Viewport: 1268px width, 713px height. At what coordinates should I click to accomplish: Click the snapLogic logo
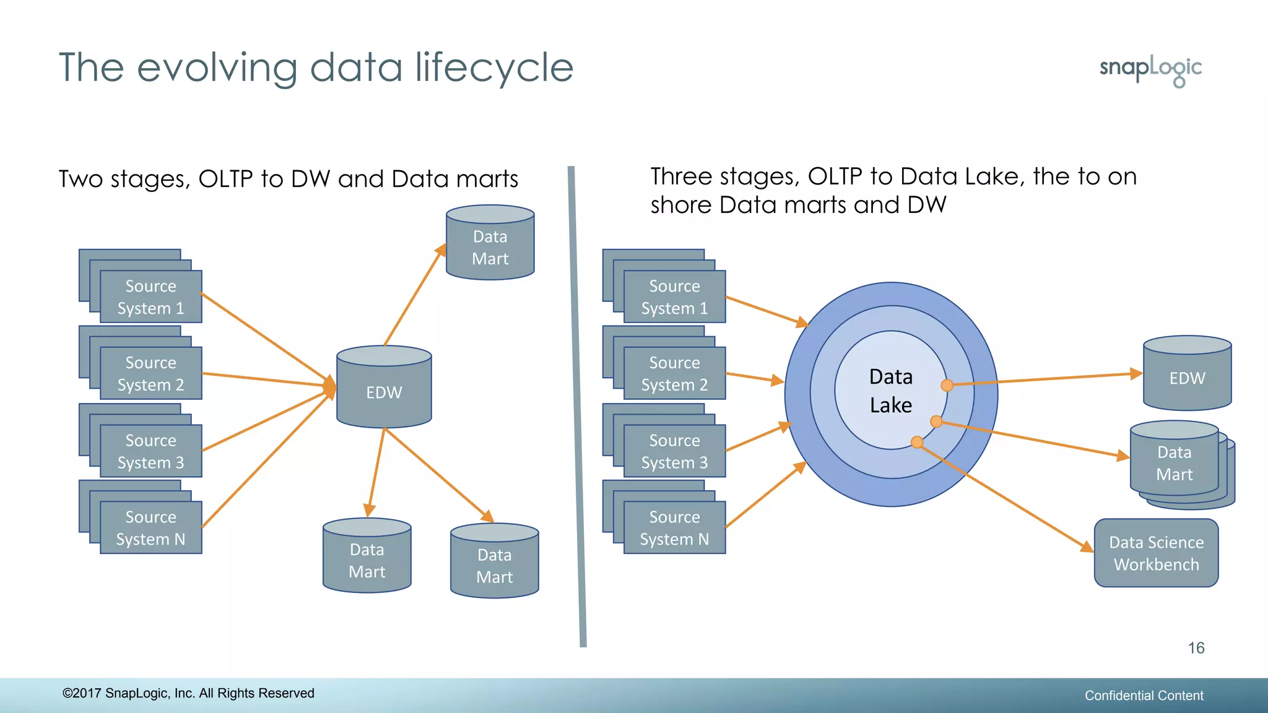tap(1150, 70)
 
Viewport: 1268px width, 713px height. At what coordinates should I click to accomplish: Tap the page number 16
tap(1196, 648)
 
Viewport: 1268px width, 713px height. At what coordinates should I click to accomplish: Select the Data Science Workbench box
tap(1156, 553)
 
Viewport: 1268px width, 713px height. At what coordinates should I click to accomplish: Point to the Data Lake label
tap(890, 391)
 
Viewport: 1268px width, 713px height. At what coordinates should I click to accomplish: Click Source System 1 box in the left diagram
tap(150, 297)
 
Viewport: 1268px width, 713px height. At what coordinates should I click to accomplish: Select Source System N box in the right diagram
tap(674, 528)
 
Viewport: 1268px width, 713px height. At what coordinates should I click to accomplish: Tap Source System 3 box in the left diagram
tap(150, 451)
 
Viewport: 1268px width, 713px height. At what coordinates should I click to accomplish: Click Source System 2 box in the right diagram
tap(674, 373)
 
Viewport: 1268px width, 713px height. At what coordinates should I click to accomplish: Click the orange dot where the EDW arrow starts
tap(947, 386)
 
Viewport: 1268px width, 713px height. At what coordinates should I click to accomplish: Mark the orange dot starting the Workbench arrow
tap(917, 442)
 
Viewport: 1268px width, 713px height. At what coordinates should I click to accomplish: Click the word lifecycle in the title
tap(494, 67)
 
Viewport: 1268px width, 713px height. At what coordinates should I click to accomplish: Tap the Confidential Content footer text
tap(1144, 696)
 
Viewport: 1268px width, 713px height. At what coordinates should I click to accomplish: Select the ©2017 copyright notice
tap(188, 693)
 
